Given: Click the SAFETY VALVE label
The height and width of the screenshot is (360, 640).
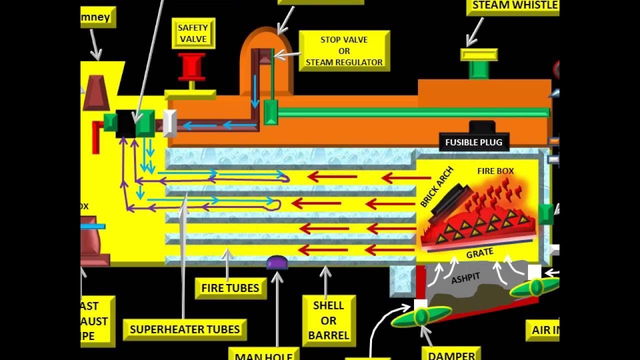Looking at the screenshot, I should (193, 33).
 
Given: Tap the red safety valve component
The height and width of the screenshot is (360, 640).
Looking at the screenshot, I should (192, 66).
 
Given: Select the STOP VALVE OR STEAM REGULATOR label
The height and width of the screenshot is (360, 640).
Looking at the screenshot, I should (344, 51).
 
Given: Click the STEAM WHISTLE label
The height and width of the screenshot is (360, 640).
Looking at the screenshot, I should (514, 6).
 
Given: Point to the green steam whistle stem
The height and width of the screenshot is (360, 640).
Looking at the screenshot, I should (478, 70).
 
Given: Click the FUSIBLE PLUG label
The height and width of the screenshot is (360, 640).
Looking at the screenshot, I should (473, 142).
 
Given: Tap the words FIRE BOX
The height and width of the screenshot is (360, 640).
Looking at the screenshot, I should (495, 171).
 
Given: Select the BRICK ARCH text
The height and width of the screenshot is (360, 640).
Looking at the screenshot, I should (436, 187).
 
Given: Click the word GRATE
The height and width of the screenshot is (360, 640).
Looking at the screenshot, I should (479, 253).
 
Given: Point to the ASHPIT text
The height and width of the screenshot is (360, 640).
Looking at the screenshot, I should (465, 278).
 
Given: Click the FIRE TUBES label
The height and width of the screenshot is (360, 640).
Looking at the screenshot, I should (230, 288).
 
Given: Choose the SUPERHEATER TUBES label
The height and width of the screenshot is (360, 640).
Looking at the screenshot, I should (184, 329).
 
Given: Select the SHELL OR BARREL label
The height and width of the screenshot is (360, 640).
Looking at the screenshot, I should (328, 320).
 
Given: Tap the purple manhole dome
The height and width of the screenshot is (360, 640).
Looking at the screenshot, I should (277, 262).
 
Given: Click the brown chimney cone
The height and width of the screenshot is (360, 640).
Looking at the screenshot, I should (96, 93).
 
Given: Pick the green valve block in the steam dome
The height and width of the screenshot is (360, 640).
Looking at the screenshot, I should (270, 112).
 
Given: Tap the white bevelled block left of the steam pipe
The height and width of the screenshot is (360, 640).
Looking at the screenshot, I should (170, 123).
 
